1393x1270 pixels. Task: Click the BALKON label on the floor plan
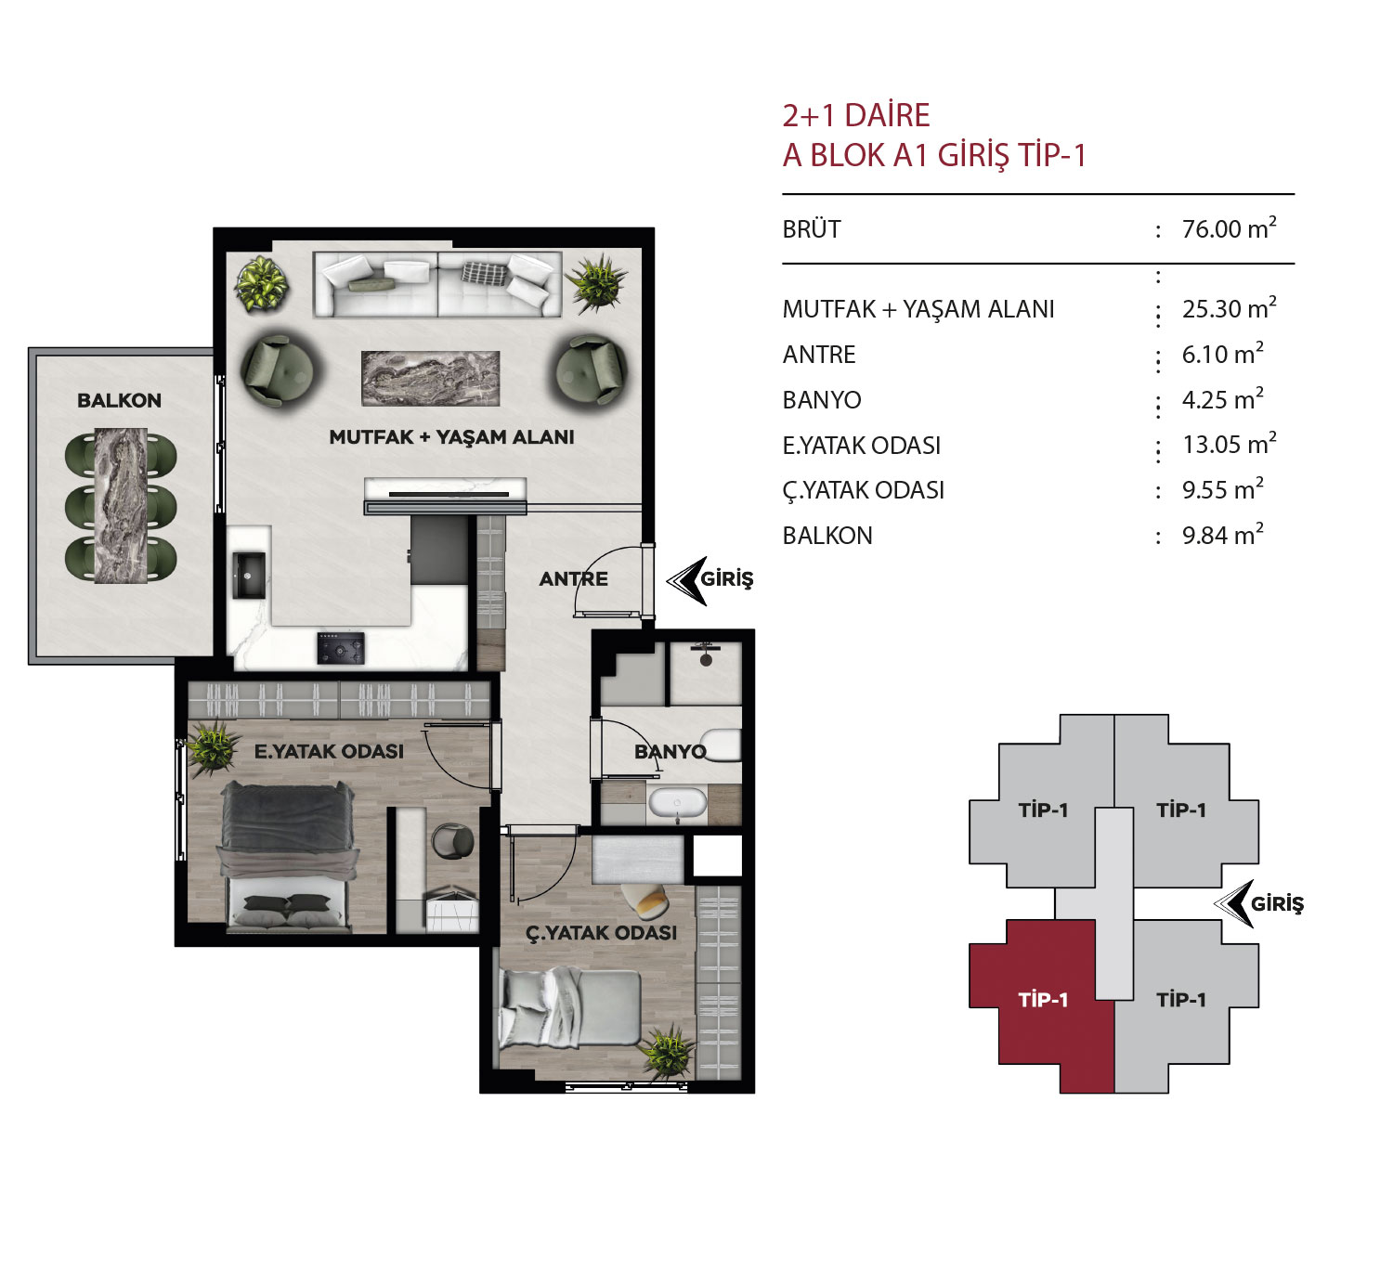(119, 401)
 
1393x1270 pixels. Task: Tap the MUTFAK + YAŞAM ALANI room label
(451, 437)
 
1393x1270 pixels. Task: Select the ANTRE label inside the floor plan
(573, 578)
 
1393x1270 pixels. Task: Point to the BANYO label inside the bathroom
(670, 751)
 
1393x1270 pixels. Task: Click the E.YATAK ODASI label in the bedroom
(329, 751)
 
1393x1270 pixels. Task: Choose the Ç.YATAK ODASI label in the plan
(602, 932)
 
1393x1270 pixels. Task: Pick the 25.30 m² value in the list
(1229, 308)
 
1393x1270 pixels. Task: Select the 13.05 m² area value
(1229, 444)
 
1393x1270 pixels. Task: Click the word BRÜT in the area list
(811, 228)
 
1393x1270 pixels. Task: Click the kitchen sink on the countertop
(249, 575)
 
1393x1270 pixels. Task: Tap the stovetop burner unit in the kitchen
(341, 648)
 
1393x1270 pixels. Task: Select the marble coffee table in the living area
(431, 379)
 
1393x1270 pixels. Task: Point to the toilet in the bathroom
(723, 745)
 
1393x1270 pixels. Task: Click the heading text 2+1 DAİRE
(856, 115)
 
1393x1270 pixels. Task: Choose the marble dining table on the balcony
(120, 506)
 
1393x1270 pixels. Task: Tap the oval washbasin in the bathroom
(677, 804)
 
